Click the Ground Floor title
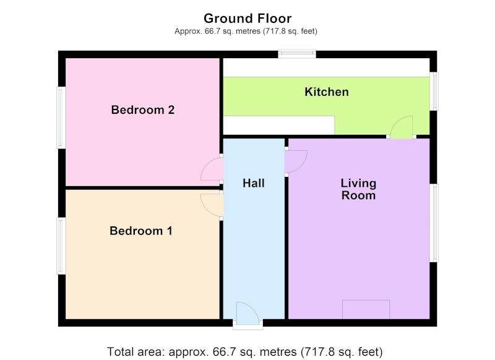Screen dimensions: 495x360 click(247, 19)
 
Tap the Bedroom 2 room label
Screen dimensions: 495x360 click(143, 110)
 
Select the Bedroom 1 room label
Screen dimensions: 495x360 click(141, 231)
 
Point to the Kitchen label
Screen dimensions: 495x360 click(327, 92)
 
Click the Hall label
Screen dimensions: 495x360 click(254, 183)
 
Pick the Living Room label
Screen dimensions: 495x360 click(358, 189)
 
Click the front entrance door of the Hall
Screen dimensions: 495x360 click(247, 314)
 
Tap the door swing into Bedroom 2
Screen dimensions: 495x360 click(212, 169)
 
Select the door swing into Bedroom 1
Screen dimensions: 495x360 click(212, 205)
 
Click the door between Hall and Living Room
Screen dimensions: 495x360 click(296, 161)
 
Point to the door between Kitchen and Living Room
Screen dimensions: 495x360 click(402, 127)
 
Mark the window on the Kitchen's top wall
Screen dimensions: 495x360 click(297, 54)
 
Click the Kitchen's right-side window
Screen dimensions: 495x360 click(434, 91)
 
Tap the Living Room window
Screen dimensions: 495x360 click(434, 223)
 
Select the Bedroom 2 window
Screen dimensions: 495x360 click(61, 118)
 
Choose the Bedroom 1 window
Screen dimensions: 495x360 click(61, 246)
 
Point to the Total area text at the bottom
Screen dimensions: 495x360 click(245, 351)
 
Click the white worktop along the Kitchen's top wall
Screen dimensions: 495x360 click(327, 67)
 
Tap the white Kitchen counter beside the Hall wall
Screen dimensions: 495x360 click(279, 126)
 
